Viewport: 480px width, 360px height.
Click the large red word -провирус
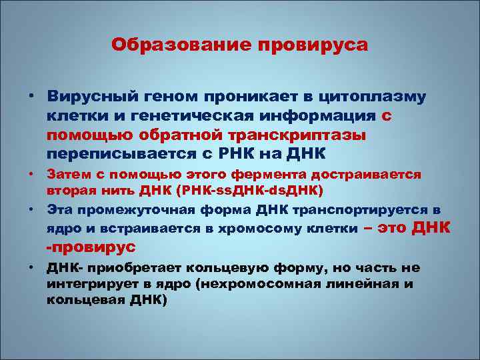pos(90,246)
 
